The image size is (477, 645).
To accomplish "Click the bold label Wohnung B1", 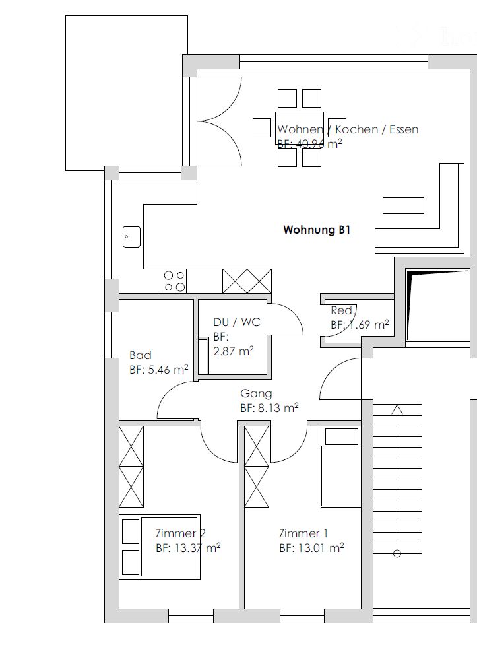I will [315, 230].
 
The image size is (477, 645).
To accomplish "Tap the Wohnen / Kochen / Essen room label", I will [348, 129].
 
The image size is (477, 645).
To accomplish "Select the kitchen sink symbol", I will [131, 236].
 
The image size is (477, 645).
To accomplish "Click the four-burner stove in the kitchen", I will [175, 281].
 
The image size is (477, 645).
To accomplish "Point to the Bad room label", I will [141, 355].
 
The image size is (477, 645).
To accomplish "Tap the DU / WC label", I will [236, 322].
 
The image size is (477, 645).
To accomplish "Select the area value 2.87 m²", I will [233, 351].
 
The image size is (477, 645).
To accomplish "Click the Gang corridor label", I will [256, 393].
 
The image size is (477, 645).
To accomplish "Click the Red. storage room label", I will [343, 310].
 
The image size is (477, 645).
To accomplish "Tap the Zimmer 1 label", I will [303, 533].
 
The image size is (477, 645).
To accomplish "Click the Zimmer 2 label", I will [180, 533].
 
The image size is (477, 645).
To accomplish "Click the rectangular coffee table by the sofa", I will [403, 205].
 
